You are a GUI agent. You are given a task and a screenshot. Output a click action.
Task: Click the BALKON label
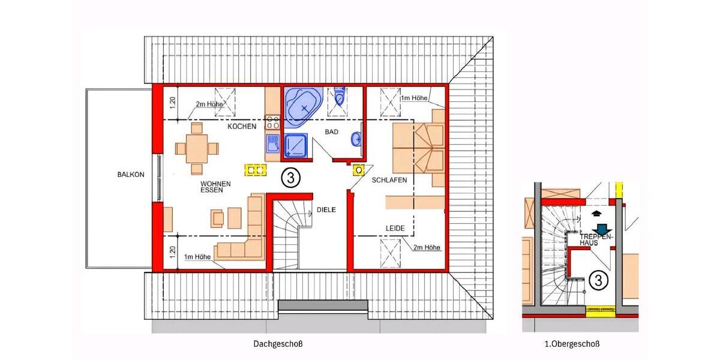[x=131, y=175]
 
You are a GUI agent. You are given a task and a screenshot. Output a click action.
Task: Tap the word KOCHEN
[x=242, y=127]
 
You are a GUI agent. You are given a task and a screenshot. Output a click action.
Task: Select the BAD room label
[x=332, y=131]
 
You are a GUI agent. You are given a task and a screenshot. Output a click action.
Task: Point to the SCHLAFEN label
[x=389, y=180]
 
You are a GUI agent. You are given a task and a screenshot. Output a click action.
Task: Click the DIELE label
[x=326, y=209]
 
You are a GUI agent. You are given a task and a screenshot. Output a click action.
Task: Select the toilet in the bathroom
[x=341, y=97]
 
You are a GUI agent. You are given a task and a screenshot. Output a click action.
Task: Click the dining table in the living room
[x=197, y=147]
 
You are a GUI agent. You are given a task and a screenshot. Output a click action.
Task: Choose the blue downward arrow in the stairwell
[x=602, y=229]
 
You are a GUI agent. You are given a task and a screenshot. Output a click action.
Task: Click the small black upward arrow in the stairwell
[x=596, y=212]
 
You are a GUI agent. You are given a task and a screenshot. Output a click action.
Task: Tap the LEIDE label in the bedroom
[x=395, y=229]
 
